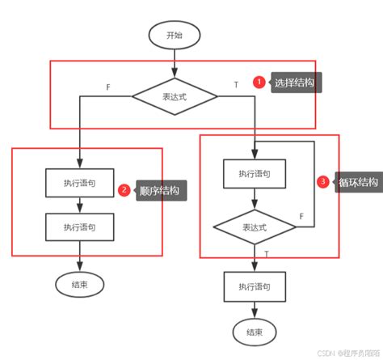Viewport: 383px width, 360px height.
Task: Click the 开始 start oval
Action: point(174,35)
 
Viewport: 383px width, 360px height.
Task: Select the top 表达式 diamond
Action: point(175,96)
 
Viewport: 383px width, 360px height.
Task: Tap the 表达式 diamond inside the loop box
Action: point(255,227)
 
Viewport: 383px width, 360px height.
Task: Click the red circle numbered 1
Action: point(259,83)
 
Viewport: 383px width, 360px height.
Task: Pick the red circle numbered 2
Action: point(124,191)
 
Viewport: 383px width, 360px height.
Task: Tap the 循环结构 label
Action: point(358,182)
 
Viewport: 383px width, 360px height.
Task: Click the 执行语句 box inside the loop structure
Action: point(255,173)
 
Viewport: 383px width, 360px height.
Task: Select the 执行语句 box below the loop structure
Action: point(255,287)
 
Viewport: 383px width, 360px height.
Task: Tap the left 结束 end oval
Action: point(80,284)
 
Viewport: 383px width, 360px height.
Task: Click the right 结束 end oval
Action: point(255,332)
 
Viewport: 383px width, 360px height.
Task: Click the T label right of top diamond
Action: point(236,85)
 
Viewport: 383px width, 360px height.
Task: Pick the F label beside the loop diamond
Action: point(301,216)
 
